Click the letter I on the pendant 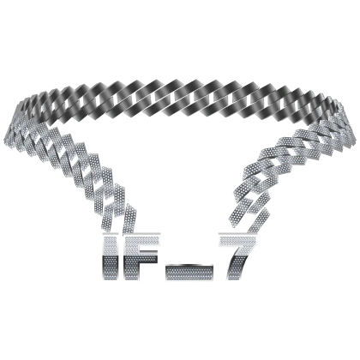(110, 257)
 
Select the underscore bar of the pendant (189, 273)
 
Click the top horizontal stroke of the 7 (238, 241)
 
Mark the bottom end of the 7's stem (234, 279)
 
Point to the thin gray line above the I (110, 233)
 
